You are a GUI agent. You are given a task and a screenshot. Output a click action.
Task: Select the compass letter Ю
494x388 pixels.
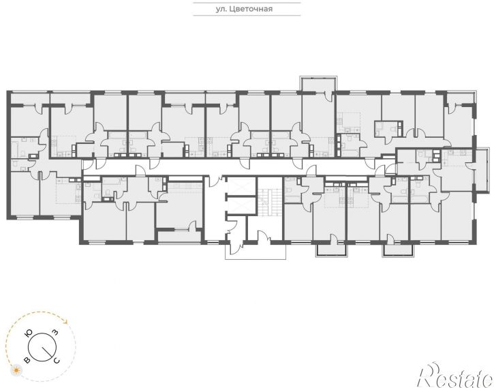pos(29,333)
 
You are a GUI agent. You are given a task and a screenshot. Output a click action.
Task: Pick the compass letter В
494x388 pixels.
pos(27,360)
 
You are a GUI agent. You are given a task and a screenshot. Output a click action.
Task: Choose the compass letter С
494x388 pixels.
pos(56,360)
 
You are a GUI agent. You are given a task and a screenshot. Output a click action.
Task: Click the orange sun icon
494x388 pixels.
pos(16,370)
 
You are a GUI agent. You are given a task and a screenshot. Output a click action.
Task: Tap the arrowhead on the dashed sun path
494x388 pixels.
pos(65,322)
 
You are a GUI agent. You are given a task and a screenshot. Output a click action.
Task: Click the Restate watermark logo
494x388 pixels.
pos(455,375)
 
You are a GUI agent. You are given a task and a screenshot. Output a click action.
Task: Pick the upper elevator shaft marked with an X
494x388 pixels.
pos(241,186)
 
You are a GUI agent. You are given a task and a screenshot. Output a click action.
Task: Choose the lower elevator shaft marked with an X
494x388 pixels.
pos(241,205)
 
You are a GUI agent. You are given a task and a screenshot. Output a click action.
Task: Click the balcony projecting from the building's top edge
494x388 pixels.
pos(318,84)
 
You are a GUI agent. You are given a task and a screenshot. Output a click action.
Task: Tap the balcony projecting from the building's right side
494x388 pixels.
pos(482,170)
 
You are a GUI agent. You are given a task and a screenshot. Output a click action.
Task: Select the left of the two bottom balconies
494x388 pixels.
pos(332,250)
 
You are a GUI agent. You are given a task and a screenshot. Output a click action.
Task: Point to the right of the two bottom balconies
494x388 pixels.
pos(398,250)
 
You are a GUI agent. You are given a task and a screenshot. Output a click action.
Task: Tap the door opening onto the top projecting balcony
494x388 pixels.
pos(328,95)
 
